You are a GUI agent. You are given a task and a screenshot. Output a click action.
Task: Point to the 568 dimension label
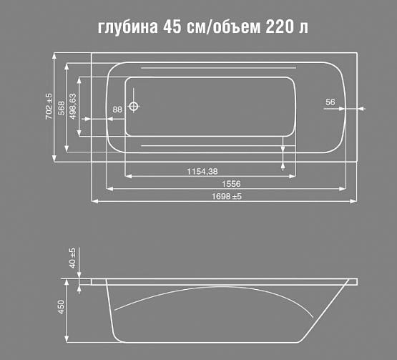[62, 107]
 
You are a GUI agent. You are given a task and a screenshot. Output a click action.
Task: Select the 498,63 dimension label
[73, 107]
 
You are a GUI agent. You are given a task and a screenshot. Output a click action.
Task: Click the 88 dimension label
[117, 109]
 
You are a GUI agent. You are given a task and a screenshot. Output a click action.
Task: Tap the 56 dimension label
[330, 102]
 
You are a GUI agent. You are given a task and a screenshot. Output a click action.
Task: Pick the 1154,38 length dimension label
[202, 171]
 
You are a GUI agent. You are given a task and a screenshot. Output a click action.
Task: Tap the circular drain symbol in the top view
[134, 108]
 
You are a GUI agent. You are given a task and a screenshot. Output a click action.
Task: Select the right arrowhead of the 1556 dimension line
[344, 189]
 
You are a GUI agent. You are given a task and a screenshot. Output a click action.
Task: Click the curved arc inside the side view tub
[215, 293]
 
